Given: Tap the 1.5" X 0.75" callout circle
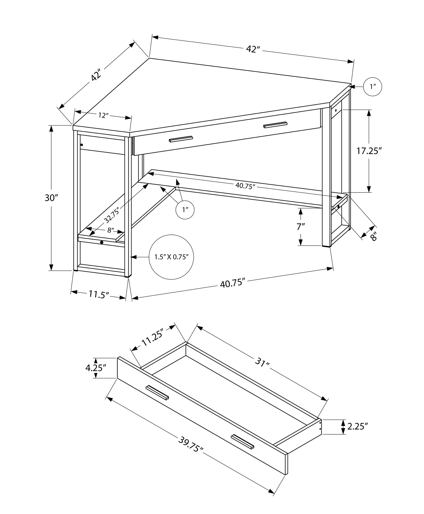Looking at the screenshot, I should [x=171, y=257].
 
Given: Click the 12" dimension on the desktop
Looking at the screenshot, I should [x=103, y=116].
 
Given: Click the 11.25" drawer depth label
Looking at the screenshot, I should [x=152, y=338].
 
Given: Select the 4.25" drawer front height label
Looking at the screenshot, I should [x=96, y=368].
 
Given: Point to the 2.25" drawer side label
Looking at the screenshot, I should [x=357, y=427].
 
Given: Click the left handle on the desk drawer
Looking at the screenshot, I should [x=181, y=139].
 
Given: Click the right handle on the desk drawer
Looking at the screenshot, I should [x=275, y=125].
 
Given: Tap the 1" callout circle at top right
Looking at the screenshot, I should [x=372, y=87].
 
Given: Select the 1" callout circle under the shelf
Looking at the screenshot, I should [x=185, y=210].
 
